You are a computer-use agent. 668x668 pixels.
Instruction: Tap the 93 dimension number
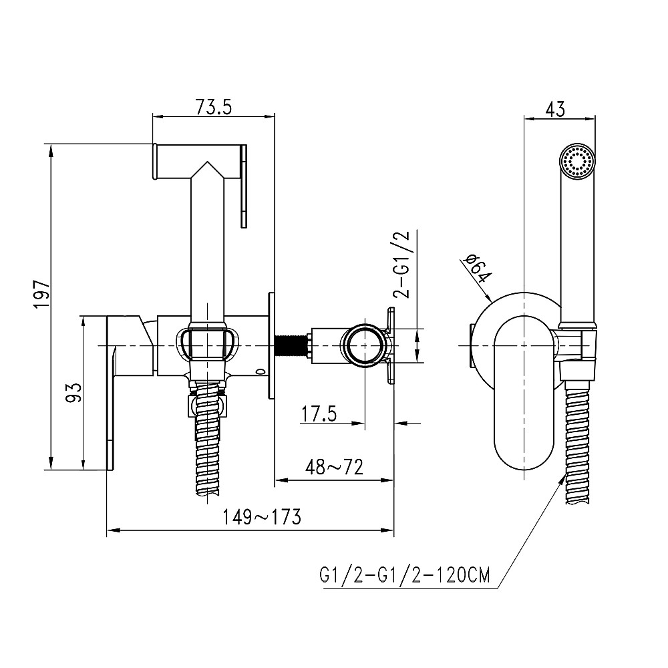(x=74, y=392)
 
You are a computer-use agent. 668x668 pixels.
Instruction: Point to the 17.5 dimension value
(x=319, y=414)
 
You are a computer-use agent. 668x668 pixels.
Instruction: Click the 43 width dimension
(x=554, y=108)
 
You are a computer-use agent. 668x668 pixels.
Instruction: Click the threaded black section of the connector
(x=291, y=346)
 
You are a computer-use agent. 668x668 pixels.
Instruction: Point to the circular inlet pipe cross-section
(x=365, y=346)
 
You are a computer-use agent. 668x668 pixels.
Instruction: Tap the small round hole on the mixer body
(x=259, y=372)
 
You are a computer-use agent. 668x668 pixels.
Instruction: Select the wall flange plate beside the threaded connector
(x=271, y=346)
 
